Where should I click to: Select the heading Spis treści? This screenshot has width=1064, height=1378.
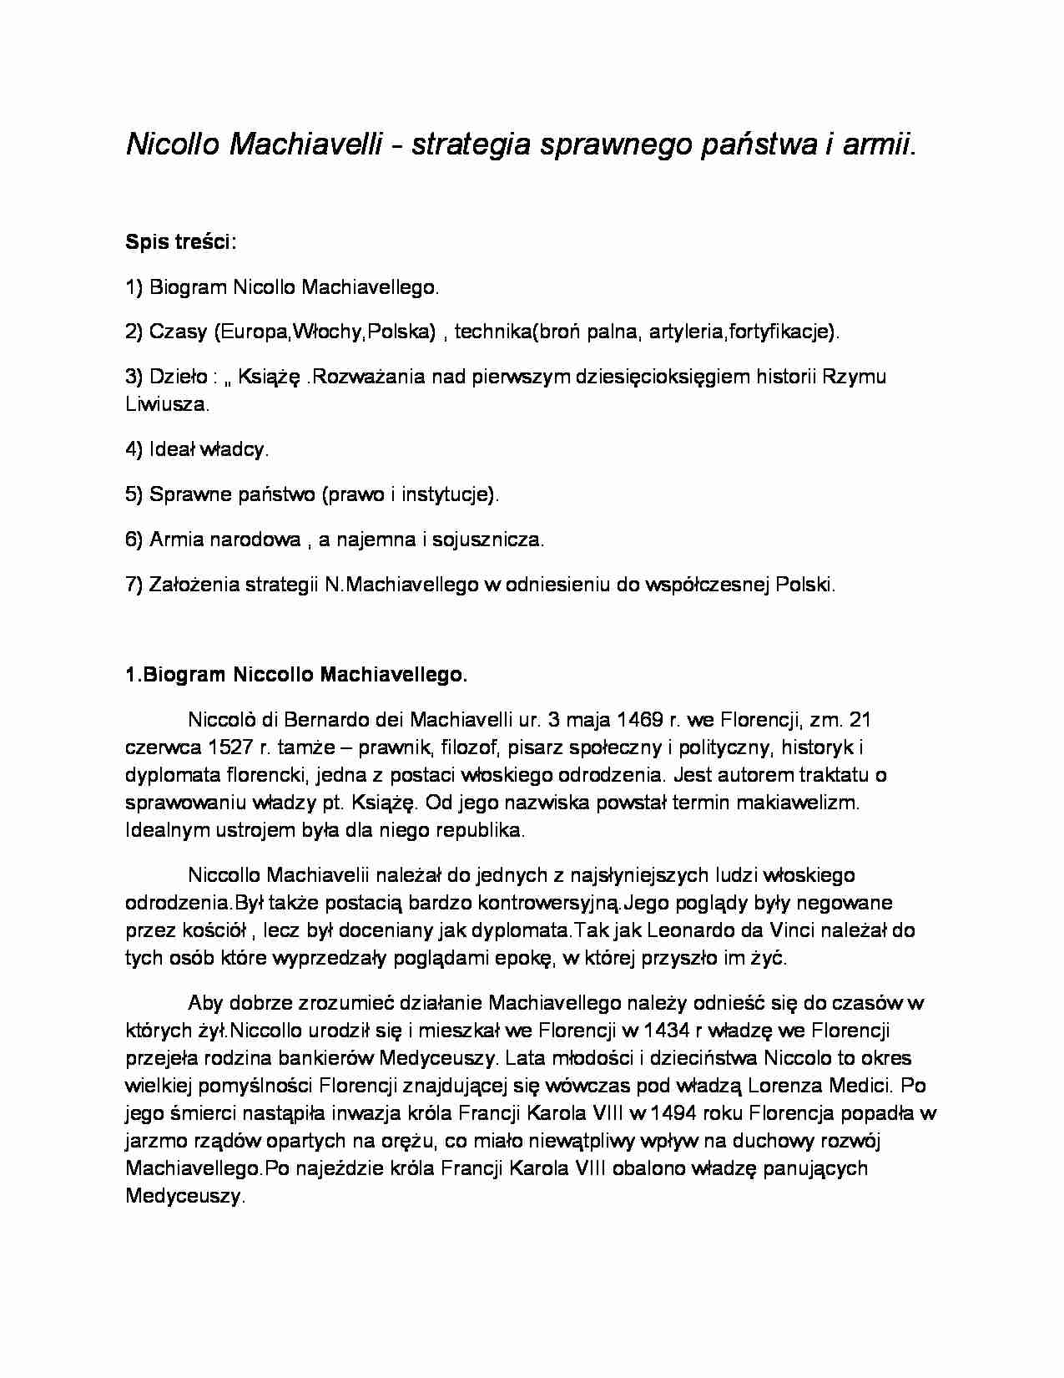point(180,242)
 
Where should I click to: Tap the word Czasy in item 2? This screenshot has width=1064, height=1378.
point(178,332)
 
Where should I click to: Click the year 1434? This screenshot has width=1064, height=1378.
point(658,1031)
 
